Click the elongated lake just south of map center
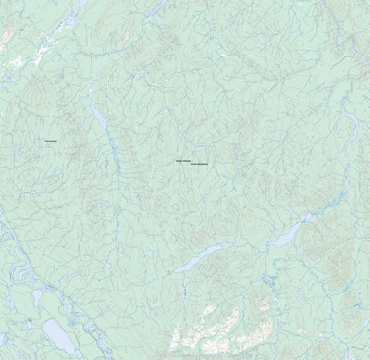tap(199, 259)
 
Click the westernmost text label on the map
tap(50, 141)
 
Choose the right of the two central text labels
tap(201, 165)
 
